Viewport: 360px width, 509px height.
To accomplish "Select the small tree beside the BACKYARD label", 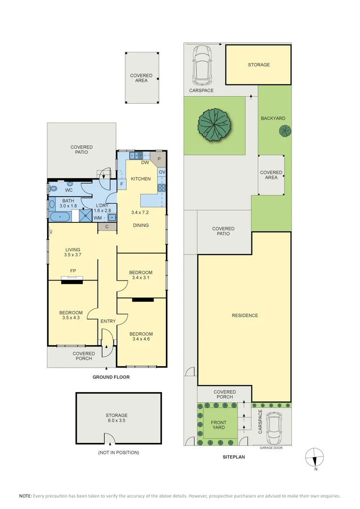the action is click(285, 131).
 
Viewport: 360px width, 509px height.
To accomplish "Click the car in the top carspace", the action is click(202, 65).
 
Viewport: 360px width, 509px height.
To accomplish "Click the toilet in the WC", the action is click(52, 188).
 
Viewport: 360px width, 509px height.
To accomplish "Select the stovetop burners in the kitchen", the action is click(162, 188).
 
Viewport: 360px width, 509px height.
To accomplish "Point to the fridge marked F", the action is click(122, 184).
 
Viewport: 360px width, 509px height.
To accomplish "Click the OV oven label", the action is click(162, 172).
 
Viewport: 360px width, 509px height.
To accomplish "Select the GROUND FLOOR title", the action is click(111, 377).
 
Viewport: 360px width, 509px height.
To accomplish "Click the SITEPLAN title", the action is click(234, 457).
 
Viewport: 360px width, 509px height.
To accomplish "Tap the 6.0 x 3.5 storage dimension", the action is click(116, 420).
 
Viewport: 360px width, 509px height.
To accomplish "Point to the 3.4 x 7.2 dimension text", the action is click(140, 212).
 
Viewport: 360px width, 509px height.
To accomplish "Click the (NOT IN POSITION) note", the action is click(118, 452).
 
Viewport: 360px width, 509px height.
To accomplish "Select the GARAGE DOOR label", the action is click(271, 448).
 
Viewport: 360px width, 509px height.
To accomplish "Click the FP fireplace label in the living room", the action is click(73, 271).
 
